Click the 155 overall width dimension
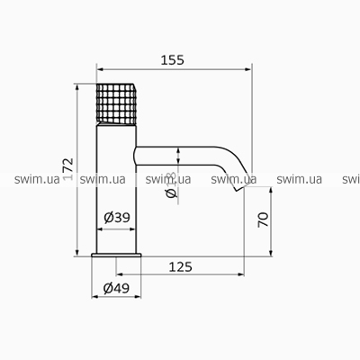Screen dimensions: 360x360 [x=173, y=60]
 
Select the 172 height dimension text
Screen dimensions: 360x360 [x=68, y=169]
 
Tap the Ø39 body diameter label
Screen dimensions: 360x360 [x=117, y=218]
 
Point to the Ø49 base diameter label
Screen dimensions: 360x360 [x=116, y=288]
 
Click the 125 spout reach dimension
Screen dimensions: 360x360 [x=180, y=266]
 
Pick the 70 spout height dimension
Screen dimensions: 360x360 [x=263, y=220]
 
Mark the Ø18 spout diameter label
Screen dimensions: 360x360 [x=171, y=185]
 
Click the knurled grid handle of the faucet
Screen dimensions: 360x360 [x=116, y=103]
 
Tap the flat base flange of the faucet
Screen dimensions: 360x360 [x=116, y=255]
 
